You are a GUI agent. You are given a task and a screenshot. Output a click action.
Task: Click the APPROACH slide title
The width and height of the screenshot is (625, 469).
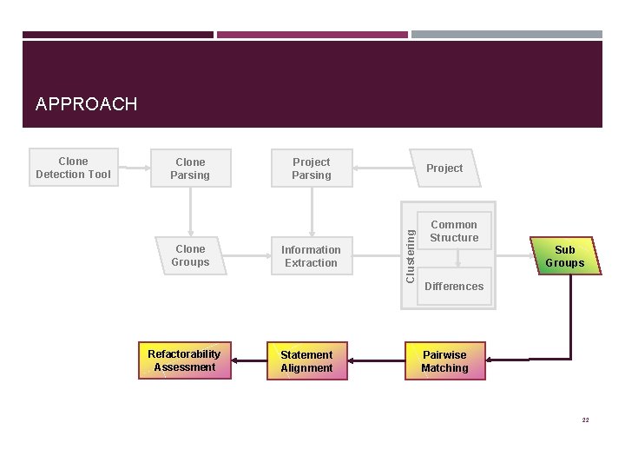(86, 104)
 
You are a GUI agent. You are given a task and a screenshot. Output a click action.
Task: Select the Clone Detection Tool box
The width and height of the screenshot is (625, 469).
(73, 168)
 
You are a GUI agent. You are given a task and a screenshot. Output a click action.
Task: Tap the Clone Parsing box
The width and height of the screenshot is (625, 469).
(190, 168)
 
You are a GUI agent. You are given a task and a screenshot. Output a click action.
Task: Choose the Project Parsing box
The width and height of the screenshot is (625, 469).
(311, 168)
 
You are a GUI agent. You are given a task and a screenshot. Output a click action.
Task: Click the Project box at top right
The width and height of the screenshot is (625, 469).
(444, 168)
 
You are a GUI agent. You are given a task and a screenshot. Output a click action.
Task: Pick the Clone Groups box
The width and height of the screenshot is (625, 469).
(190, 255)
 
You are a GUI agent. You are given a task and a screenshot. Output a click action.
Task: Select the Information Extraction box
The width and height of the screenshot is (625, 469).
(310, 256)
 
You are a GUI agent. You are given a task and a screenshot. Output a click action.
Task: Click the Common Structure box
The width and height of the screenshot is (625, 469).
(454, 231)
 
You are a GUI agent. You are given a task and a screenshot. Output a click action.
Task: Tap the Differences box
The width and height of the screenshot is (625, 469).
(454, 287)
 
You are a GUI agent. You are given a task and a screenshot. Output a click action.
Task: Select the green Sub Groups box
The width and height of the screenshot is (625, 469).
(564, 256)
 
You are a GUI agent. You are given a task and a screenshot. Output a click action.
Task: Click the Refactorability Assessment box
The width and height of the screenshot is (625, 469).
(184, 360)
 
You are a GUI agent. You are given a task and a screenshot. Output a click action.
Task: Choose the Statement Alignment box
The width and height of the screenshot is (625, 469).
(306, 361)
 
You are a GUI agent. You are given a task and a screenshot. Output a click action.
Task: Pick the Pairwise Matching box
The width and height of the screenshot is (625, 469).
(444, 361)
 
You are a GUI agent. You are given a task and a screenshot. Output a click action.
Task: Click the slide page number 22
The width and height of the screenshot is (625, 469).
(585, 419)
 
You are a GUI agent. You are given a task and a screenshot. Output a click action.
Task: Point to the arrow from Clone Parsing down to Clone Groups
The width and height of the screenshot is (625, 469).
(190, 211)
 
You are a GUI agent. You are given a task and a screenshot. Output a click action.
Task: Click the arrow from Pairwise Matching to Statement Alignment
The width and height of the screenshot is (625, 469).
(375, 360)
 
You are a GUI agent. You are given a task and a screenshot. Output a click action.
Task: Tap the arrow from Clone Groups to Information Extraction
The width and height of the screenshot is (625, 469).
(247, 256)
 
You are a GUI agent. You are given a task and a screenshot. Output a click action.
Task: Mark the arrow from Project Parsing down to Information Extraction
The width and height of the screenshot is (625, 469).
(311, 211)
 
